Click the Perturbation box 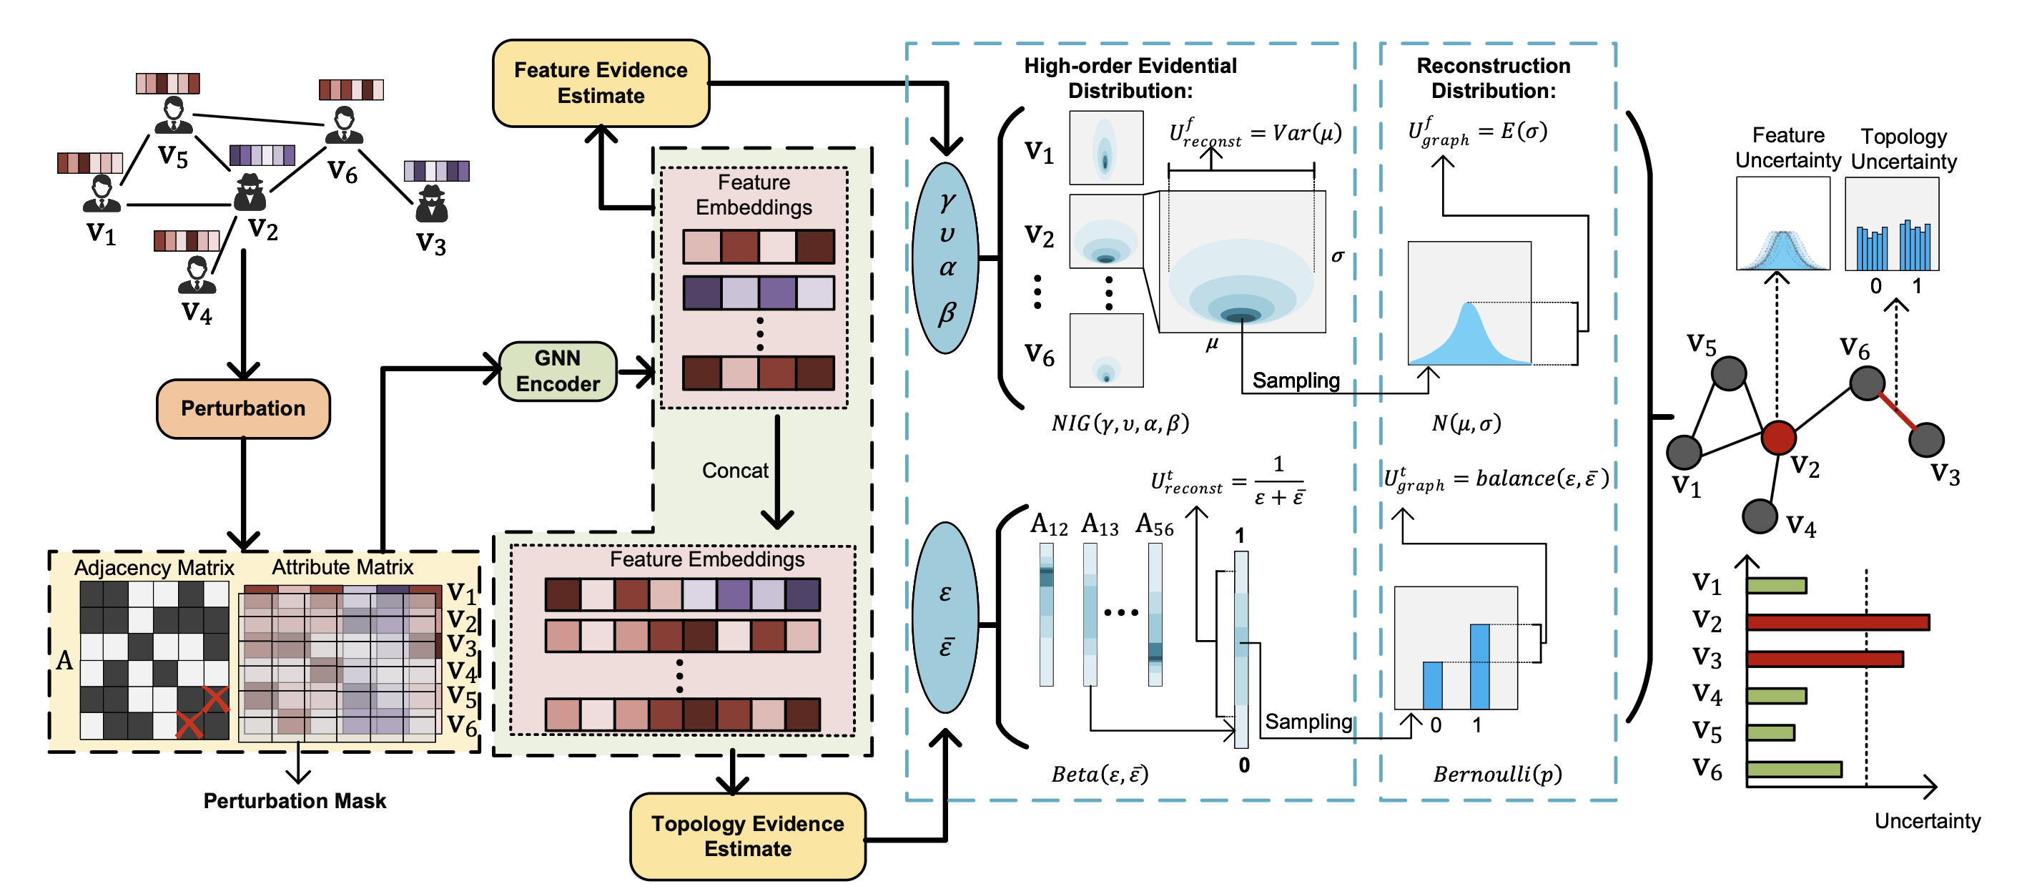(x=243, y=408)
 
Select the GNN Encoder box (x=558, y=371)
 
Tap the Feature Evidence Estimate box (x=601, y=83)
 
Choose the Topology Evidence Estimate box (x=747, y=836)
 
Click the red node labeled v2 (x=1778, y=437)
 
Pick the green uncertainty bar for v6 (x=1794, y=769)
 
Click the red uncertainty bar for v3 (x=1824, y=658)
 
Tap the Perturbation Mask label (x=295, y=801)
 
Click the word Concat (x=734, y=471)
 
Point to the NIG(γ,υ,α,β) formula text (x=1120, y=423)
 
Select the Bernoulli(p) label (x=1497, y=774)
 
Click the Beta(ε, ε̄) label (x=1100, y=774)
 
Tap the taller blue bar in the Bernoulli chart (x=1479, y=666)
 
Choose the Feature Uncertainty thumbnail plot (x=1782, y=223)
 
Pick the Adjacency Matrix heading (x=154, y=567)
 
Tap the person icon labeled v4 (x=197, y=275)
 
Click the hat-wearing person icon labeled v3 (x=431, y=204)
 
